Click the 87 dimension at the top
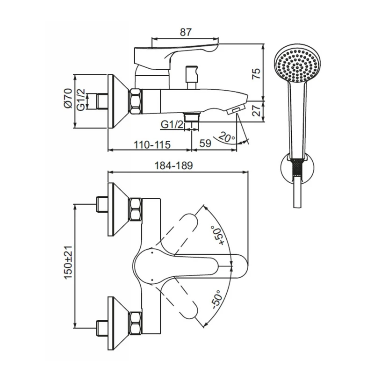click(x=186, y=32)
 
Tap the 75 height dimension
click(x=256, y=74)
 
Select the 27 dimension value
click(x=257, y=111)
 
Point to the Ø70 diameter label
click(x=68, y=98)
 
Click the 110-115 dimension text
click(x=152, y=145)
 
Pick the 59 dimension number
click(x=205, y=144)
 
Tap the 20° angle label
click(x=227, y=137)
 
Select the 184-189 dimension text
click(x=173, y=165)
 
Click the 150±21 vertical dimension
click(x=68, y=262)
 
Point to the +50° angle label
click(x=217, y=235)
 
